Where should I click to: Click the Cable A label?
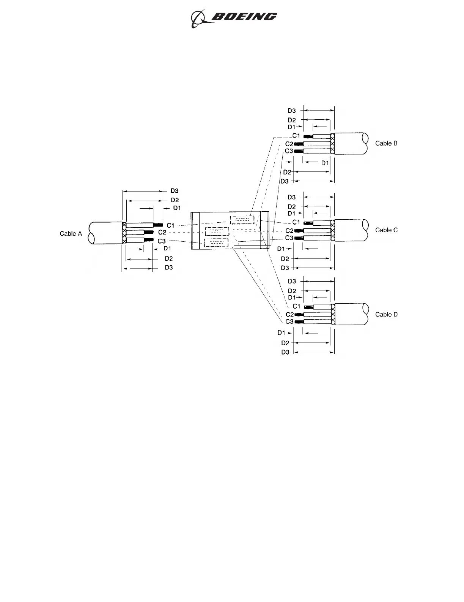click(71, 233)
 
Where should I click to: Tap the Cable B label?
click(386, 143)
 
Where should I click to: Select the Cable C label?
click(386, 230)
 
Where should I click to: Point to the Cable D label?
click(386, 314)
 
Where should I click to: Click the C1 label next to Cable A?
click(171, 225)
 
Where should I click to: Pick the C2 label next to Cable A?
click(162, 232)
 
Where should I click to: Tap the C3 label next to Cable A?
click(162, 241)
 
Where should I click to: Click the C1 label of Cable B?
click(296, 136)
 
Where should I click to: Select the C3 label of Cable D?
click(289, 322)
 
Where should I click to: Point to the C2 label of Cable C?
click(289, 231)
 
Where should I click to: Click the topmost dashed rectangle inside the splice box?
click(242, 220)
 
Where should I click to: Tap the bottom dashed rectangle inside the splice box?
click(216, 243)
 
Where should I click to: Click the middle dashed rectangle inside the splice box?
click(217, 231)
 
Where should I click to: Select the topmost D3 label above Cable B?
click(291, 111)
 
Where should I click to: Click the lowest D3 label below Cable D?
click(285, 352)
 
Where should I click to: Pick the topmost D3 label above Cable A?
click(174, 191)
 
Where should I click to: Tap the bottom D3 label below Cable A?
click(168, 268)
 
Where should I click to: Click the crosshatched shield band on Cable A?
click(124, 233)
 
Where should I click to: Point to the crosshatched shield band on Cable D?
click(333, 314)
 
